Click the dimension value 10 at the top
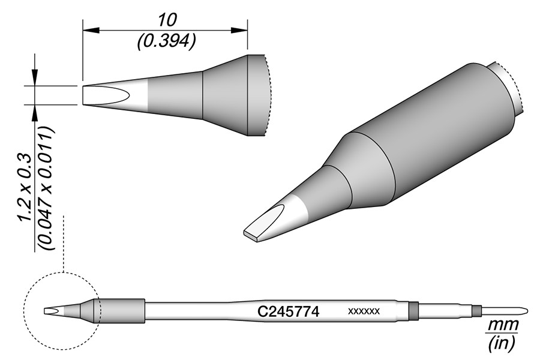pos(168,20)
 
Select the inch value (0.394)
pos(166,41)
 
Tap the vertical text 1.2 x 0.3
pos(25,188)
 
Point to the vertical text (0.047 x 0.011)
pos(46,188)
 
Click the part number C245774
pos(289,312)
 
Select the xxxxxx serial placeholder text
pos(364,311)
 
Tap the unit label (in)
pos(502,343)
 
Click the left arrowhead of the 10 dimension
pos(91,30)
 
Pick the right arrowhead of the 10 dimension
pos(239,30)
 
